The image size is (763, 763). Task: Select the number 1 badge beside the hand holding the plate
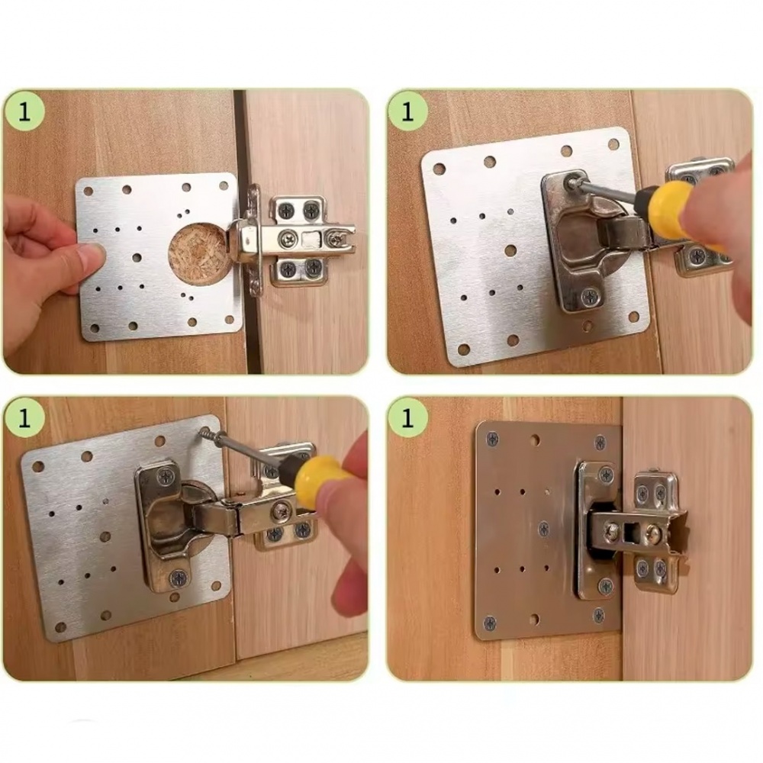pos(24,112)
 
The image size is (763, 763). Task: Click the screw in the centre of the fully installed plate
pos(543,529)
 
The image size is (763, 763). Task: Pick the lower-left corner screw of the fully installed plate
pos(491,623)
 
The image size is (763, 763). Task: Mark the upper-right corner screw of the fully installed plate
pos(600,443)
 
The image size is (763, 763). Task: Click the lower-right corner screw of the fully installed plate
pos(599,615)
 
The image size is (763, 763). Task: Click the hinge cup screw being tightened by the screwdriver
pos(569,181)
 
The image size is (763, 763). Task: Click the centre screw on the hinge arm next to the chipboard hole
pos(287,238)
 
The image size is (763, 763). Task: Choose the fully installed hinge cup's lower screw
pos(606,586)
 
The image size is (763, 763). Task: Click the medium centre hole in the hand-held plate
pos(137,257)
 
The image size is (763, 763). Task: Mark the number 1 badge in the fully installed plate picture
pos(407,417)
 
